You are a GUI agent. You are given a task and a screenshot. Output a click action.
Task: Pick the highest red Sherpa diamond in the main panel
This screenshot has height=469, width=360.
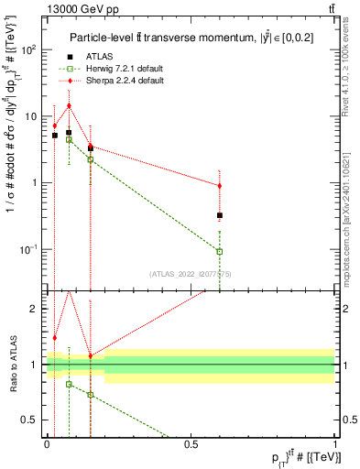point(69,105)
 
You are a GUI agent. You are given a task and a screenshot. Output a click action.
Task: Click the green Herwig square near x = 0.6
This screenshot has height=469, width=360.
point(219,251)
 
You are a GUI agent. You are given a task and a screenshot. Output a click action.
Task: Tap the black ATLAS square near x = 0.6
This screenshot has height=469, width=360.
point(219,215)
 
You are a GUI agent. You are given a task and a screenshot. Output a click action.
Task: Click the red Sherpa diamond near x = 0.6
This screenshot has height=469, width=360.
point(219,186)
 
